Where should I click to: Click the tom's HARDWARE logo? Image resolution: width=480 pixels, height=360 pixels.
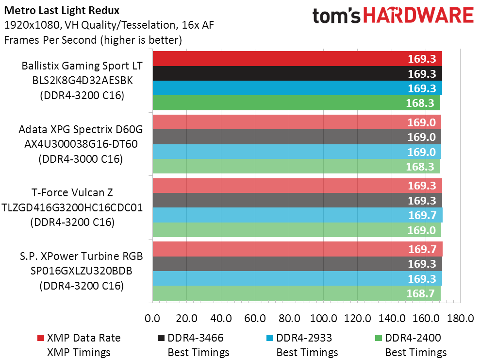(x=393, y=16)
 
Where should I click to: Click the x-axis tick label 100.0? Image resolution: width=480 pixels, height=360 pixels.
(x=324, y=319)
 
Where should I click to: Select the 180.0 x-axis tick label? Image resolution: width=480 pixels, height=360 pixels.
(x=460, y=319)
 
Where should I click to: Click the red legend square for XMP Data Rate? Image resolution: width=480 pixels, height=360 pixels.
(x=40, y=338)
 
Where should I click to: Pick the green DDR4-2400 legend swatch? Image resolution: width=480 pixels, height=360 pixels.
(x=379, y=338)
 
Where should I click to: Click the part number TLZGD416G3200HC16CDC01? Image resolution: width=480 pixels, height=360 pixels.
(x=72, y=207)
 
